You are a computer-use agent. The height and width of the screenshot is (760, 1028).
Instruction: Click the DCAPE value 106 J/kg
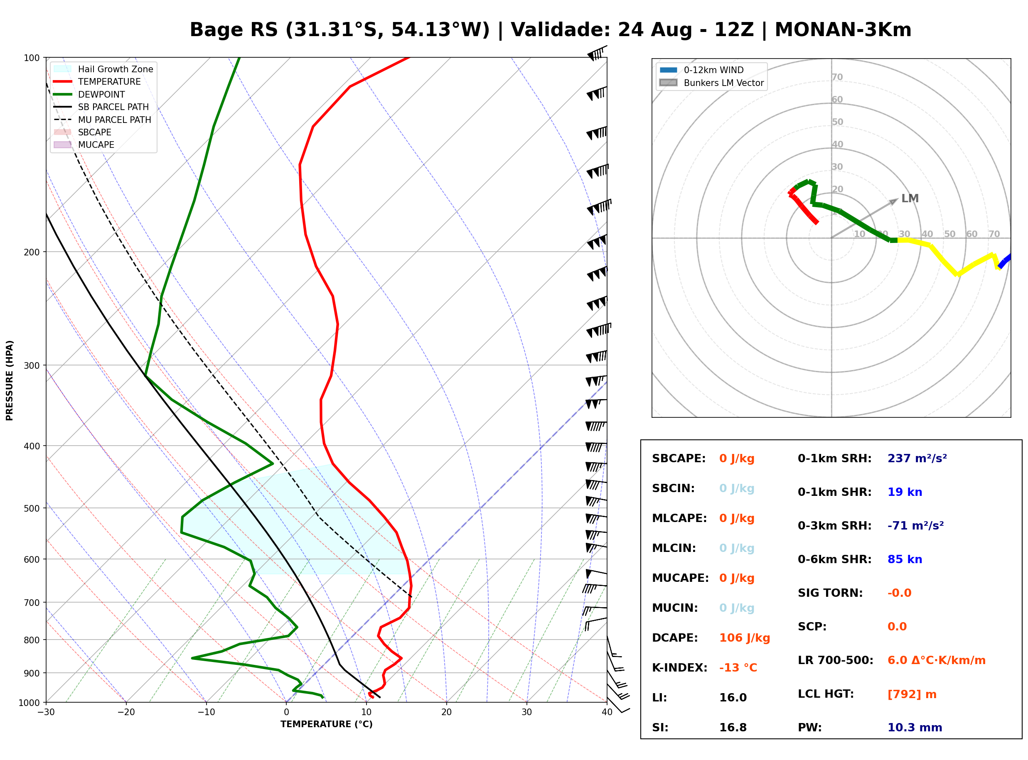point(745,637)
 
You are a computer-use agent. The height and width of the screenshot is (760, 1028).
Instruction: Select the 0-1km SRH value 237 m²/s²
point(917,458)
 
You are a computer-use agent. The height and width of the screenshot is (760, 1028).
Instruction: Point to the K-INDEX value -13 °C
point(738,667)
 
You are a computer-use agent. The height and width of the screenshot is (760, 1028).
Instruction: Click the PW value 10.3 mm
point(915,727)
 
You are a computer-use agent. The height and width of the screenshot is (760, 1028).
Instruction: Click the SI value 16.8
point(733,727)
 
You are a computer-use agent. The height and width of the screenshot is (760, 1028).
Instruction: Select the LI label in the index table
point(659,697)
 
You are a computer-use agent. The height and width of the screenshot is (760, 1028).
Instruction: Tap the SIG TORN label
point(830,593)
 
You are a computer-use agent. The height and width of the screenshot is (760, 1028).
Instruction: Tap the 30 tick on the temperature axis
point(527,712)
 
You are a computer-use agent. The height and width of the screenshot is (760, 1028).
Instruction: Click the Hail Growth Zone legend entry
point(103,69)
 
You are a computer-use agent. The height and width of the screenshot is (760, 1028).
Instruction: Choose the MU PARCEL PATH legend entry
point(103,120)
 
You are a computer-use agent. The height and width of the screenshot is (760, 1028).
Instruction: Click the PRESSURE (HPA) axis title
point(10,380)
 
